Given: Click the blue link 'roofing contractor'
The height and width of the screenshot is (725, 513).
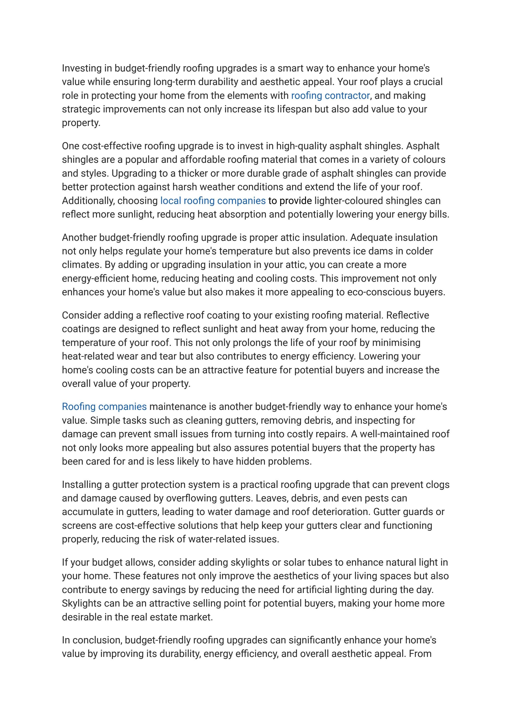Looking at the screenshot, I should click(x=330, y=95).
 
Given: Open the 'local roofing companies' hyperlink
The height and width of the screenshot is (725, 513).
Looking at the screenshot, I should click(x=213, y=201).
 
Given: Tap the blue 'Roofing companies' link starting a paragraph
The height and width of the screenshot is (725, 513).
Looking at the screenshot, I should click(x=104, y=406).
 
